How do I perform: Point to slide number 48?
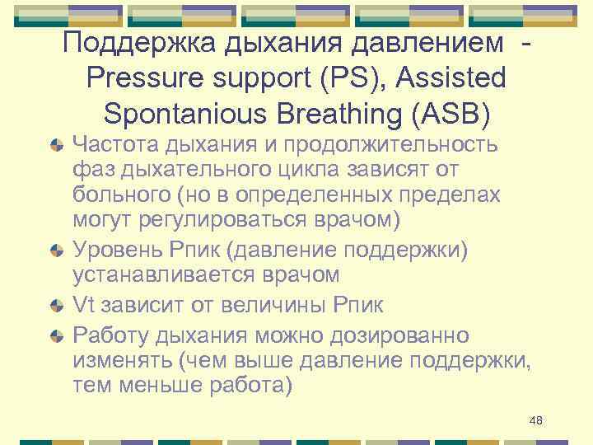535,421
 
